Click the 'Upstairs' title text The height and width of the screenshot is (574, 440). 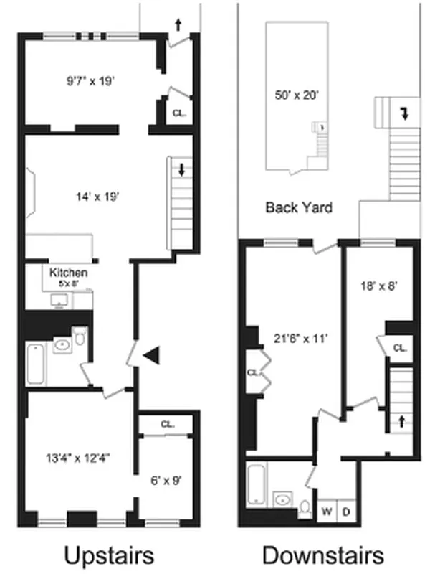tap(109, 555)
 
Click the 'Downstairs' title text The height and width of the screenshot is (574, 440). tap(322, 555)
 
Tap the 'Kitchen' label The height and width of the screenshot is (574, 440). tap(69, 273)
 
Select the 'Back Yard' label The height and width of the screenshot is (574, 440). tap(299, 208)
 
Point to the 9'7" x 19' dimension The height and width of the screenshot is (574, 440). tap(86, 80)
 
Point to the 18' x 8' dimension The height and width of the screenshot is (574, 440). tap(377, 285)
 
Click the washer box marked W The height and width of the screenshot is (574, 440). tap(326, 511)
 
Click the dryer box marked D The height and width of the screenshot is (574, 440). tap(345, 511)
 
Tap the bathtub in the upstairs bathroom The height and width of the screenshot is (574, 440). tap(36, 364)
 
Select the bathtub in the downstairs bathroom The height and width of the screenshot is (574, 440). tap(257, 484)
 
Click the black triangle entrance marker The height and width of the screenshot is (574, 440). tap(150, 354)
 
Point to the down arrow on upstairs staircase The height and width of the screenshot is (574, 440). tap(181, 171)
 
